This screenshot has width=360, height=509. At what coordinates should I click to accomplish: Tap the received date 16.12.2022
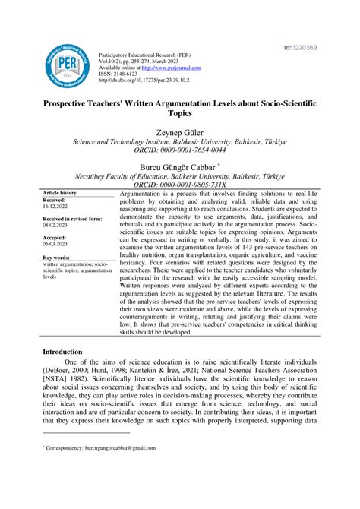(x=58, y=207)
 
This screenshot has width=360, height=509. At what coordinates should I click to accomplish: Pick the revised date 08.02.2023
(x=58, y=226)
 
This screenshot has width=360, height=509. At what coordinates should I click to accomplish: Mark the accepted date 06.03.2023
(x=58, y=245)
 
